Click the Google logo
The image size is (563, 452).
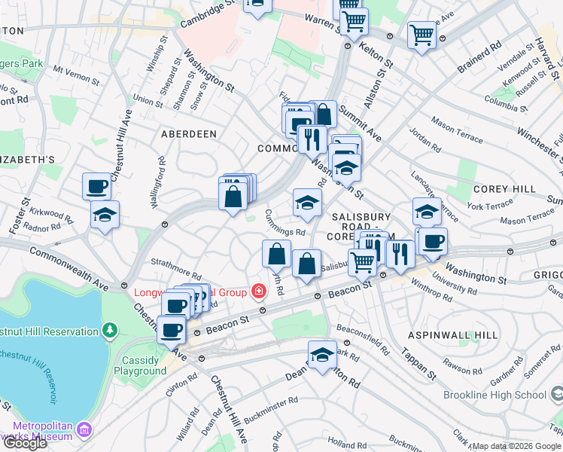point(25,443)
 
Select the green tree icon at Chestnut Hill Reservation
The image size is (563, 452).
point(111,331)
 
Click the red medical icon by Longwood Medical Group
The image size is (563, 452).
point(258,291)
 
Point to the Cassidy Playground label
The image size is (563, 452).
point(140,365)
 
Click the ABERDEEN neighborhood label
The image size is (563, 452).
point(188,133)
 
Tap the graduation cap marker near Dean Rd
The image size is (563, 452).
point(322,356)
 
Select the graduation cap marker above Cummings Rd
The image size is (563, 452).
point(306,202)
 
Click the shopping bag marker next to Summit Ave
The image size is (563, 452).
point(323,115)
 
